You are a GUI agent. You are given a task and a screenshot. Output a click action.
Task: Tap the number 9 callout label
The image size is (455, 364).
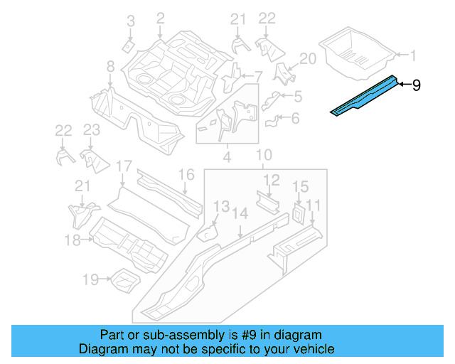click(x=417, y=85)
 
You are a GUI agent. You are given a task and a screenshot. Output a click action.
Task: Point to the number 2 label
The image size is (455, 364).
click(x=160, y=18)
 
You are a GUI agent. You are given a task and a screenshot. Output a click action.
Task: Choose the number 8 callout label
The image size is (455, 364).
click(x=110, y=67)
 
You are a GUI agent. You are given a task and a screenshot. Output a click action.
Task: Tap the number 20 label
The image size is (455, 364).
click(x=307, y=59)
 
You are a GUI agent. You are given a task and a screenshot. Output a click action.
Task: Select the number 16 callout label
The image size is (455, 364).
click(x=186, y=174)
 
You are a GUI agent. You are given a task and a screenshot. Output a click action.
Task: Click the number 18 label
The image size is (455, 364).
click(x=73, y=240)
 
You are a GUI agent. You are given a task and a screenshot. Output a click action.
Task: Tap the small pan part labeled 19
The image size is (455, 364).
click(x=122, y=279)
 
